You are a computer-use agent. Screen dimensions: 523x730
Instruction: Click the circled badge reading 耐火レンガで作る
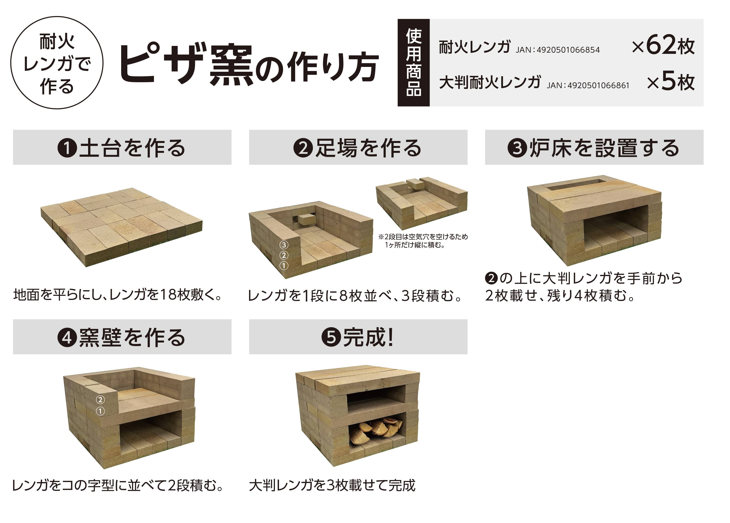(x=57, y=63)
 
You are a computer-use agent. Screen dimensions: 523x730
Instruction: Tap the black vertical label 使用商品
(x=413, y=63)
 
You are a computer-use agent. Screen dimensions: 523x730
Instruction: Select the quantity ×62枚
(x=663, y=46)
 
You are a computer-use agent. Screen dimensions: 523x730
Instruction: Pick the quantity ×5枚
(x=671, y=82)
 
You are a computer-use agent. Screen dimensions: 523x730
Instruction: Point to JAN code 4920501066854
(x=558, y=50)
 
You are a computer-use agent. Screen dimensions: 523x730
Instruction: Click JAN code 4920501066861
(x=588, y=85)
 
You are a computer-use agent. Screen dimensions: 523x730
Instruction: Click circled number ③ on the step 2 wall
(x=284, y=245)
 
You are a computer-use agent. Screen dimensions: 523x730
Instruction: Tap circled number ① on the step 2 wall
(x=284, y=266)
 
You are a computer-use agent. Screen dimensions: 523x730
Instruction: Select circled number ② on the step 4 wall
(x=100, y=400)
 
